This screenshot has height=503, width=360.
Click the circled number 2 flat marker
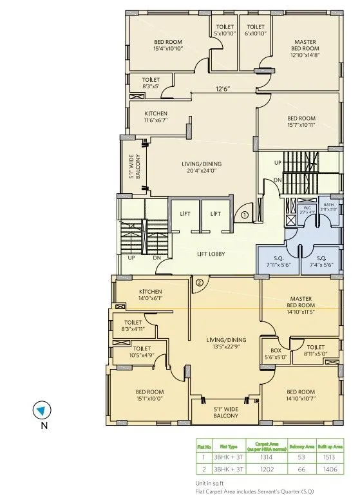200,281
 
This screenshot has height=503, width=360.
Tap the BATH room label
328,207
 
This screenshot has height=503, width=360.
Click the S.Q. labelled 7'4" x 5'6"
319,261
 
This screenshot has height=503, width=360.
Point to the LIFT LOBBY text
211,254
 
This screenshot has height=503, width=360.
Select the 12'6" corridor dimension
223,90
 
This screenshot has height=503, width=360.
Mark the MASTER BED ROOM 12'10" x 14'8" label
305,48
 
